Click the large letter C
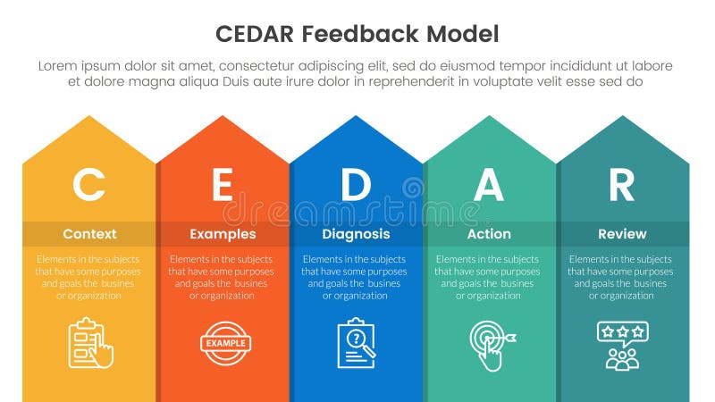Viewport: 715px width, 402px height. pyautogui.click(x=88, y=185)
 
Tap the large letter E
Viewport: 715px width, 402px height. pyautogui.click(x=222, y=185)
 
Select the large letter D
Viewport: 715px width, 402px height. pyautogui.click(x=356, y=185)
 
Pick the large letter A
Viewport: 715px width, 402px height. pyautogui.click(x=489, y=185)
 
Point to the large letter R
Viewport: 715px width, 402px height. pyautogui.click(x=621, y=185)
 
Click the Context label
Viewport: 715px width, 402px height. pyautogui.click(x=89, y=234)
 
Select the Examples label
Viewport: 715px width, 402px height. pyautogui.click(x=223, y=234)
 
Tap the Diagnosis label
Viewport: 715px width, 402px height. pyautogui.click(x=356, y=234)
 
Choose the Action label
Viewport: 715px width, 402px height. pyautogui.click(x=489, y=234)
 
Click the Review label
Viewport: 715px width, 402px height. pyautogui.click(x=622, y=234)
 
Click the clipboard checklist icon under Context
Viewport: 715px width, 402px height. pyautogui.click(x=90, y=344)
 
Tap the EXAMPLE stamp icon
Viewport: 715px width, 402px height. pyautogui.click(x=223, y=343)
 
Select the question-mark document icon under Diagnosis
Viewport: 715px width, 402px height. pyautogui.click(x=356, y=344)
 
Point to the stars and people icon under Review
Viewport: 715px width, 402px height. pyautogui.click(x=622, y=345)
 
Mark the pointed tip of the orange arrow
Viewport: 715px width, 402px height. pyautogui.click(x=223, y=116)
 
